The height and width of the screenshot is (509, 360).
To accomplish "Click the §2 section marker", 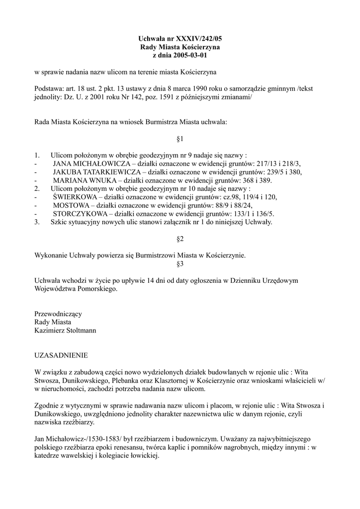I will (180, 239).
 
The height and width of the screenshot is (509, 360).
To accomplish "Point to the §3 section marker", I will (180, 264).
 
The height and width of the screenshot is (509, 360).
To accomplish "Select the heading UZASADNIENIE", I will (61, 355).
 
